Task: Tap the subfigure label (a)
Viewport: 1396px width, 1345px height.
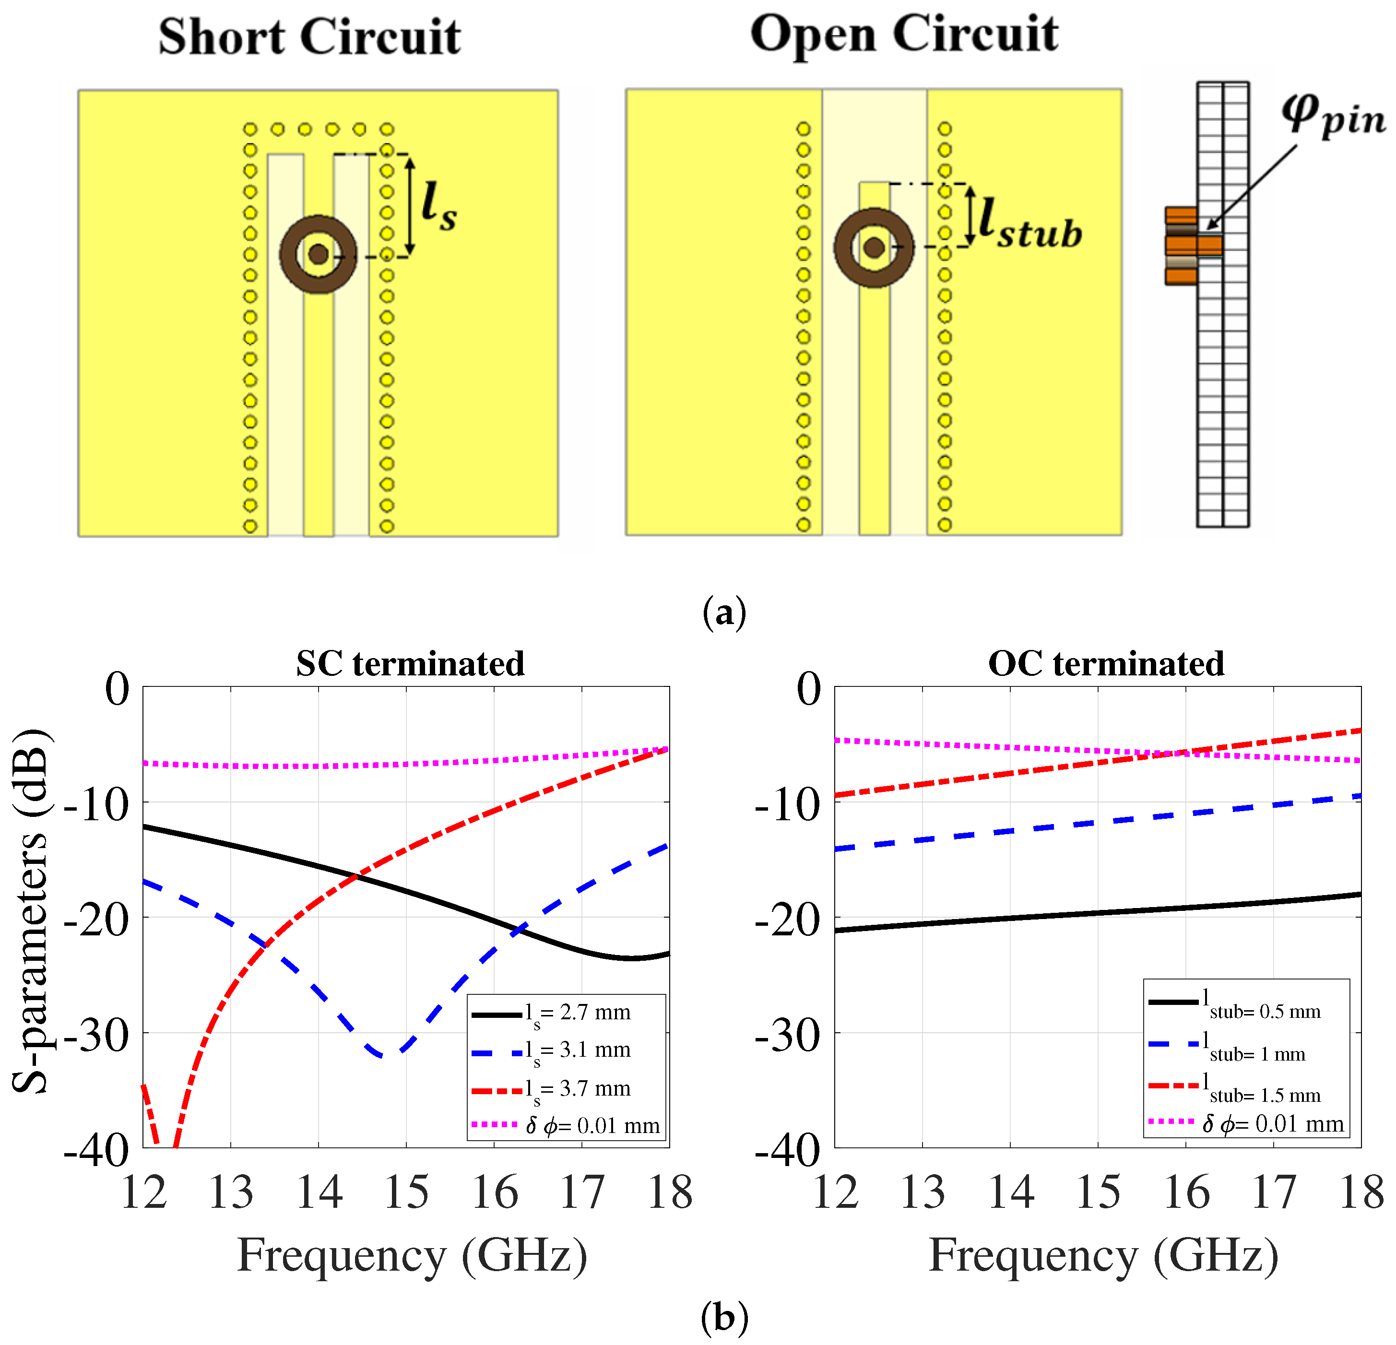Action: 724,612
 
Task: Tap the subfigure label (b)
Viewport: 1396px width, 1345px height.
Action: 724,1318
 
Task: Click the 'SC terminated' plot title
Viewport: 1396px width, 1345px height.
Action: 410,663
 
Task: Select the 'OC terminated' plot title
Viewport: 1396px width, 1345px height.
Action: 1106,663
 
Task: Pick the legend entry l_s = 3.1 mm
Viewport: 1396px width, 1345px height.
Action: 551,1051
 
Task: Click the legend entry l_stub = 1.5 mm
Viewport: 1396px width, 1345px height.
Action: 1235,1087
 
